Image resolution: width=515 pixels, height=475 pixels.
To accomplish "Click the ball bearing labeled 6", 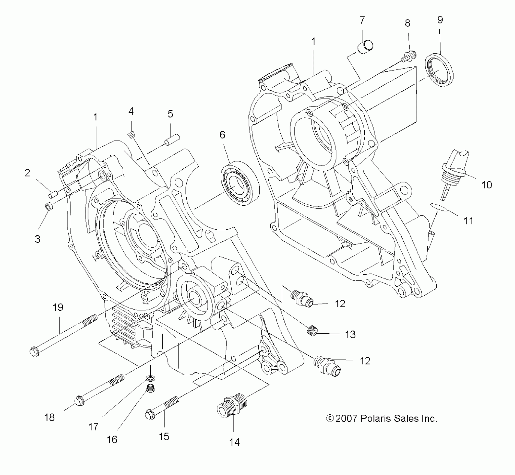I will (240, 183).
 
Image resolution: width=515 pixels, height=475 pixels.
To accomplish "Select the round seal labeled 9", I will (439, 71).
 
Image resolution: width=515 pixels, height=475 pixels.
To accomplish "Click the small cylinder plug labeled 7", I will (365, 47).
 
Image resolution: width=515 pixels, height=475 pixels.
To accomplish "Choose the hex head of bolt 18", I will (79, 401).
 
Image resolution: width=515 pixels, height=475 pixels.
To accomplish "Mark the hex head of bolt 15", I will (150, 414).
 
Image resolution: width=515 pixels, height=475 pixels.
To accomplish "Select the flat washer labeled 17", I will (151, 379).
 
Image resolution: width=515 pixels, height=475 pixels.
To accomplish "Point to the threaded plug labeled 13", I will (312, 331).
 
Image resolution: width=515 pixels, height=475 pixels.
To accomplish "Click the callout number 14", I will (234, 442).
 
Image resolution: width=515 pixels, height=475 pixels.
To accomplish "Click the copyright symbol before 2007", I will (330, 418).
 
